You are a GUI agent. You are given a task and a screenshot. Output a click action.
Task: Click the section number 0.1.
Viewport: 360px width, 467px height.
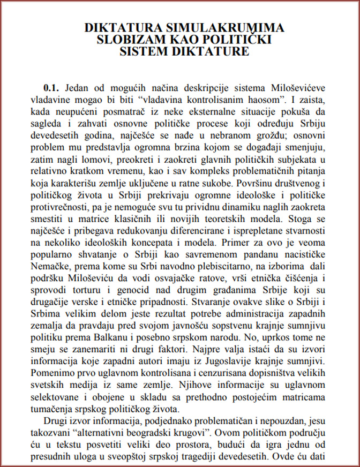54,87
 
